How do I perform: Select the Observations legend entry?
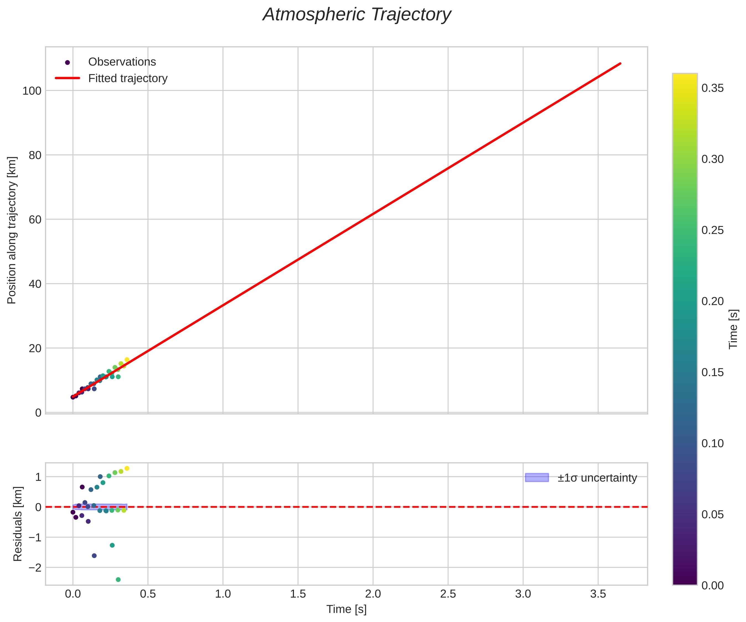coord(122,62)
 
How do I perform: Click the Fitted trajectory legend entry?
coord(128,78)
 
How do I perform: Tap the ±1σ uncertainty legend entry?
coord(597,478)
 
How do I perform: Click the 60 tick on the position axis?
coord(35,220)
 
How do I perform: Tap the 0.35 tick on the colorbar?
coord(712,88)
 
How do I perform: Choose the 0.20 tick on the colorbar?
coord(712,301)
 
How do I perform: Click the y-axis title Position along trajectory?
coord(12,230)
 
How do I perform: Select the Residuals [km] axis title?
coord(18,524)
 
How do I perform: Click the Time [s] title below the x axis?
coord(346,609)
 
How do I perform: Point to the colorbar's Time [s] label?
coord(734,329)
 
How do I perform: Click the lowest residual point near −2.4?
coord(118,580)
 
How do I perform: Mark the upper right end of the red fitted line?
coord(620,64)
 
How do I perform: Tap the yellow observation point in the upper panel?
coord(127,360)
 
